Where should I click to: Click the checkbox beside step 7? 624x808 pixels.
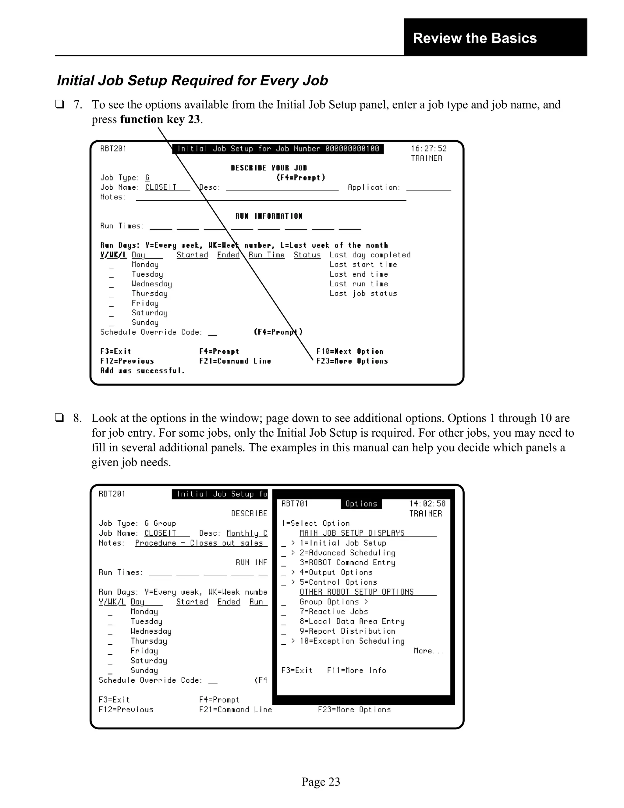tap(59, 104)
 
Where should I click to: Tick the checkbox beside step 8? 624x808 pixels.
tap(59, 418)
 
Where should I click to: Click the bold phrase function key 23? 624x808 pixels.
tap(160, 119)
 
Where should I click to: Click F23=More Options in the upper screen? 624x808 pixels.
tap(352, 361)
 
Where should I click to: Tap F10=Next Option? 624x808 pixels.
tap(350, 352)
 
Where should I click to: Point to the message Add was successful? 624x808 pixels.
tap(142, 371)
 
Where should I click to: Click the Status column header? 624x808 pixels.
tap(307, 255)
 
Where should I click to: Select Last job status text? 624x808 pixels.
tap(363, 294)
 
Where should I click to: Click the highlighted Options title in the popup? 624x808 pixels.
tap(361, 504)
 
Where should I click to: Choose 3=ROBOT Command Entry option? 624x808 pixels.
tap(347, 563)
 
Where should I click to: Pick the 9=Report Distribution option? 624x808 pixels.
tap(347, 631)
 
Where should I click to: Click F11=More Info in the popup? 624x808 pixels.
tap(356, 670)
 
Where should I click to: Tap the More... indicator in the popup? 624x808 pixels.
tap(428, 651)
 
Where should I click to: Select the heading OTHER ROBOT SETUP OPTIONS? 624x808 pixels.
tap(356, 592)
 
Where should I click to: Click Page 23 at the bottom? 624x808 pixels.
tap(321, 782)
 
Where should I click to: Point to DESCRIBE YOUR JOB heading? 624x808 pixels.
tap(269, 168)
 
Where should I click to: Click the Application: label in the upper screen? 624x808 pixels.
tap(374, 188)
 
